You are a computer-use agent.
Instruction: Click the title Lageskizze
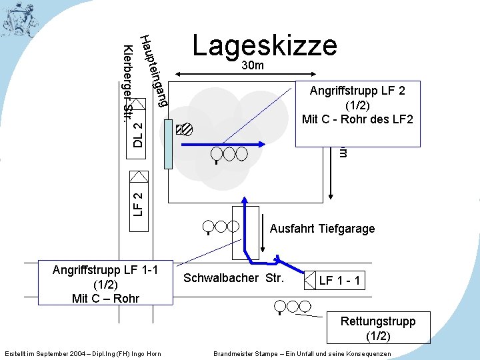[x=265, y=45]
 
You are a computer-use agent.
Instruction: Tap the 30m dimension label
[x=253, y=66]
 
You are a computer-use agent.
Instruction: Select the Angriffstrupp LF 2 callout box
[x=358, y=114]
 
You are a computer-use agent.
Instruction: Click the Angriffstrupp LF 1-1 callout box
[x=106, y=283]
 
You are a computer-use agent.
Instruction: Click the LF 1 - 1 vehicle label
[x=340, y=281]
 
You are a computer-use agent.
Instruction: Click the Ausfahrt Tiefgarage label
[x=322, y=229]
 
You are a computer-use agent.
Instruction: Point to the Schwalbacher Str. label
[x=233, y=278]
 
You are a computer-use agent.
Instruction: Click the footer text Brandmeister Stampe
[x=303, y=353]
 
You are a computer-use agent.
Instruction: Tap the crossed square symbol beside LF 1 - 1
[x=311, y=280]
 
